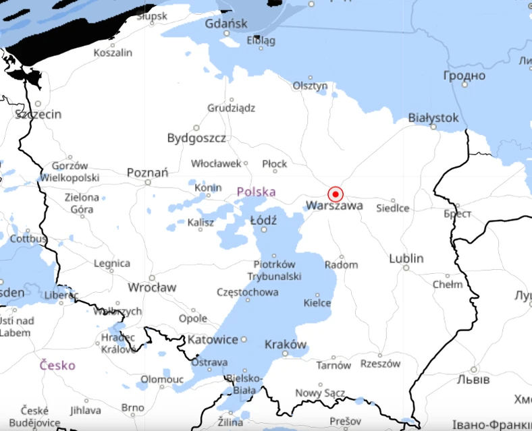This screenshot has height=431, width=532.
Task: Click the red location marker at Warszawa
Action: tap(336, 194)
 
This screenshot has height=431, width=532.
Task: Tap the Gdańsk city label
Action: tap(226, 24)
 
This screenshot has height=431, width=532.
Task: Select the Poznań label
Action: tap(147, 173)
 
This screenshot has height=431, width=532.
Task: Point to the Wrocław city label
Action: tap(152, 287)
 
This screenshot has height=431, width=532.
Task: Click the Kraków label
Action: tap(286, 344)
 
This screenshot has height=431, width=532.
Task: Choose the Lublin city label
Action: tap(406, 258)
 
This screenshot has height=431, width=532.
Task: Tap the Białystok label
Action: tap(433, 118)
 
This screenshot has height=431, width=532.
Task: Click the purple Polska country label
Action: tap(256, 192)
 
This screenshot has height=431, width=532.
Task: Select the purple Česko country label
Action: tap(57, 365)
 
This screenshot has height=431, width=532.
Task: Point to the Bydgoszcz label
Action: tap(196, 138)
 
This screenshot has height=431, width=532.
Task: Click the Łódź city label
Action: tap(263, 220)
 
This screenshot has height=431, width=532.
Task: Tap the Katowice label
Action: tap(213, 339)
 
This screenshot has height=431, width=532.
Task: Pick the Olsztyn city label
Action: tap(310, 86)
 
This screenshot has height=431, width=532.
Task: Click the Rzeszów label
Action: tap(380, 364)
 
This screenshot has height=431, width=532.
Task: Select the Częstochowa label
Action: tap(248, 292)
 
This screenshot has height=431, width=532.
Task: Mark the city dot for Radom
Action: tap(342, 257)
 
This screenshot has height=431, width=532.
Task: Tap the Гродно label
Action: tap(464, 76)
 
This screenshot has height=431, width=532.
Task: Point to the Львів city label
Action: tap(473, 380)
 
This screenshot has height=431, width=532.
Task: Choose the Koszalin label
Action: tap(113, 52)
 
